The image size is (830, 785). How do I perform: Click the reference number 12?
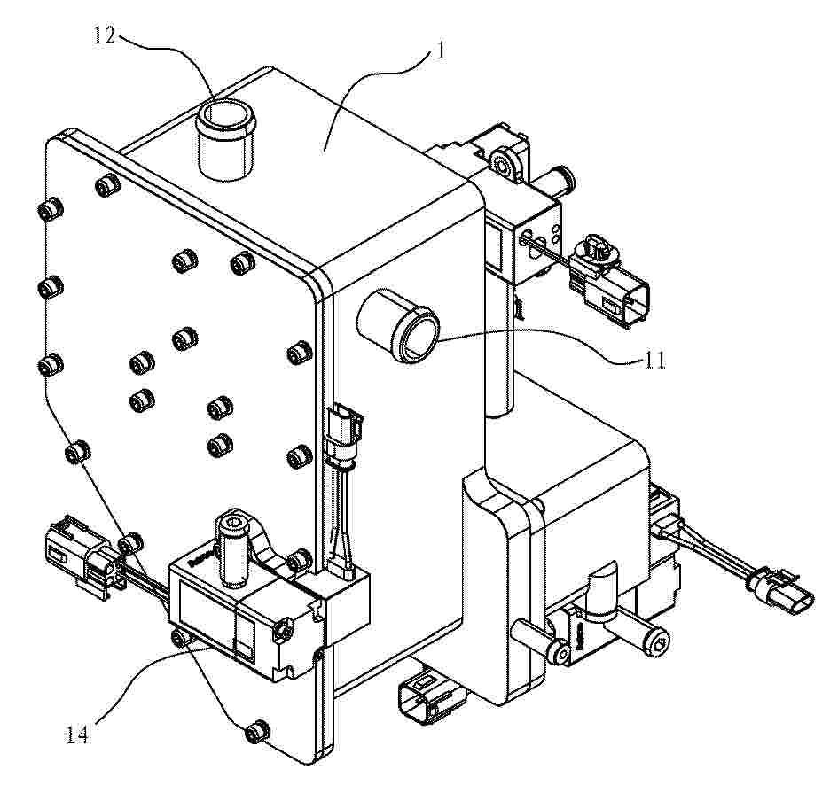pos(105,35)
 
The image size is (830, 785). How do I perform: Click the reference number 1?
pos(440,51)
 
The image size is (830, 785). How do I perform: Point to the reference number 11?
pos(654,361)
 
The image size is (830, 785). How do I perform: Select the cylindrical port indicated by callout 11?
pos(398,325)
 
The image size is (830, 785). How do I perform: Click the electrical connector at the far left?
pos(80,556)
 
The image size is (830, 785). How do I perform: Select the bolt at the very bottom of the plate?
pos(258,732)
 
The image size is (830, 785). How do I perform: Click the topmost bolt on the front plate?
pos(108,184)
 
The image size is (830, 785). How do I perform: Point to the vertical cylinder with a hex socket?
pos(231,548)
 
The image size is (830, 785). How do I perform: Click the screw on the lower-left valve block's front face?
pos(282,628)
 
